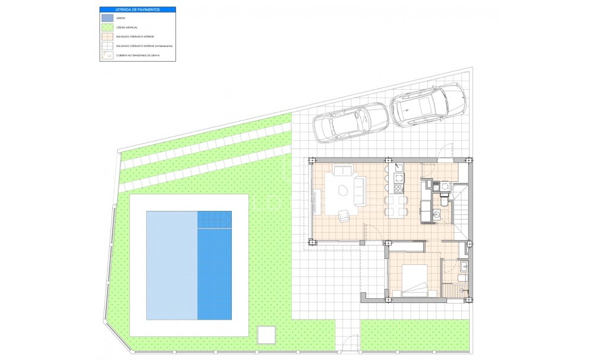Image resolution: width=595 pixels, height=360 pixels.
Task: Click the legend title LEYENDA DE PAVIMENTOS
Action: point(137,10)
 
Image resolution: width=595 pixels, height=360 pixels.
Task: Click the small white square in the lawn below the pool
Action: point(266,334)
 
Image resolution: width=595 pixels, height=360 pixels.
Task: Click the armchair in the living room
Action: point(344,216)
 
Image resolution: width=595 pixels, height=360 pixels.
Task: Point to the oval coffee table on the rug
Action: point(344,190)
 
